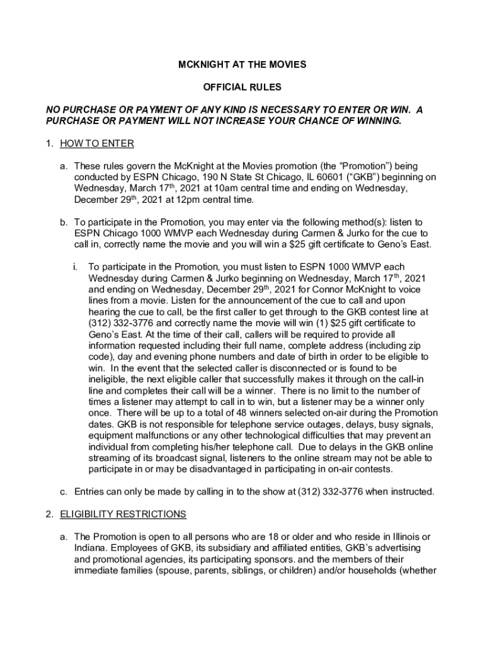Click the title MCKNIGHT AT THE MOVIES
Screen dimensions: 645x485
tap(242, 65)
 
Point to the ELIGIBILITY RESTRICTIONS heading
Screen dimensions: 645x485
tap(123, 515)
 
